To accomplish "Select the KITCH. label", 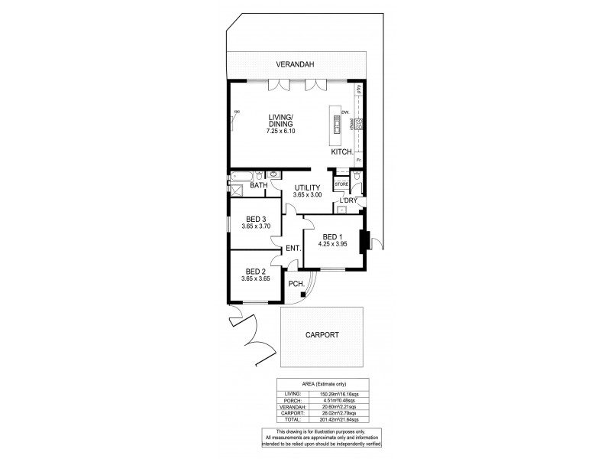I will [341, 152].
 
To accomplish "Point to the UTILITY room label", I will [308, 187].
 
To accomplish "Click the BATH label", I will [259, 185].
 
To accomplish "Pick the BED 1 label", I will [331, 236].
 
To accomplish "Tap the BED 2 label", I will [256, 272].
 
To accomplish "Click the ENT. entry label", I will [292, 249].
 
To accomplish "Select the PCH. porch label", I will [297, 285].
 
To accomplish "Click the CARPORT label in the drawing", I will [322, 335].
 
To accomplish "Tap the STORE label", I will [341, 184].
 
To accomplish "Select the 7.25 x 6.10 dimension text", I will [280, 132].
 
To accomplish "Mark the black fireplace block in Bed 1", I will [365, 241].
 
